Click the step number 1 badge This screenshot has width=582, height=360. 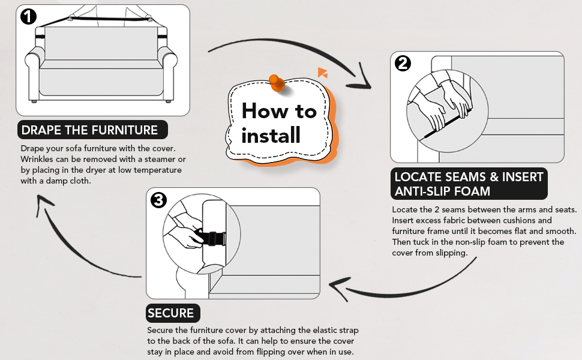pos(28,17)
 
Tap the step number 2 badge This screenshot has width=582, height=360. pos(403,63)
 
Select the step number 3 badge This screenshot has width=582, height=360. pos(158,200)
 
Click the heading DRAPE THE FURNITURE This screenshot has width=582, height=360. pos(89,130)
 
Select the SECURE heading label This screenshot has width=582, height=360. pos(171,313)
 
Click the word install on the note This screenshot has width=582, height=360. pos(271,136)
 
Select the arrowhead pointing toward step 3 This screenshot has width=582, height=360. pos(339,290)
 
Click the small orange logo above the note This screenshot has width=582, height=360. pos(322,73)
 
